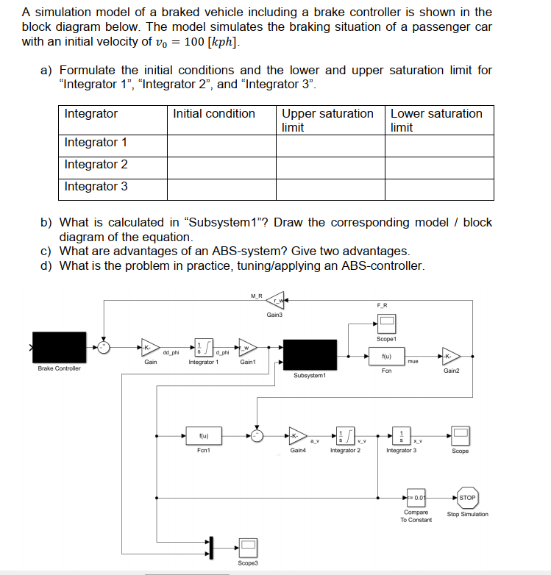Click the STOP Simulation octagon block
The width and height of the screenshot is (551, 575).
(466, 498)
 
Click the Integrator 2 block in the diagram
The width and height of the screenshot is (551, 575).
(344, 435)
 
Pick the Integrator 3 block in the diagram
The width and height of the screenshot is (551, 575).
(402, 435)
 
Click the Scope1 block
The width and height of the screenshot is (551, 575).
(386, 324)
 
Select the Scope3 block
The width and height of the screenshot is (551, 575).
(248, 546)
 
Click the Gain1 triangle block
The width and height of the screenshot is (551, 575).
(246, 346)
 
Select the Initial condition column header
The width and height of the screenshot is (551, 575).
(214, 114)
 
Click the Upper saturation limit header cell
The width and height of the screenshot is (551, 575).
(328, 120)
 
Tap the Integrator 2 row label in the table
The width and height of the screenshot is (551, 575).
(96, 165)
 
